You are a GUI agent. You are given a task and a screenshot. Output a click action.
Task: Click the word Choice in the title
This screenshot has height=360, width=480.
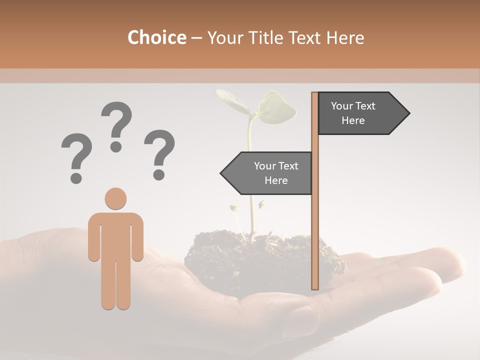tap(156, 37)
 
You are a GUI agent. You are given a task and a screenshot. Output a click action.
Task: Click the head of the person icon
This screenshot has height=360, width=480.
tap(115, 198)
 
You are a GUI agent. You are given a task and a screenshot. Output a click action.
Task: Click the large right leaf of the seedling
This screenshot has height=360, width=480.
tap(276, 108)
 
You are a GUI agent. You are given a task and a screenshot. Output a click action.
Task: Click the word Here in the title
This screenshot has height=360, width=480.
tap(345, 37)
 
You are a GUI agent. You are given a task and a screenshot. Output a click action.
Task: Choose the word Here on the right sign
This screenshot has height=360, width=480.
tap(353, 120)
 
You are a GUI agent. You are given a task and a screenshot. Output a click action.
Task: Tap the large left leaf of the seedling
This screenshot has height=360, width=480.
tap(231, 100)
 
